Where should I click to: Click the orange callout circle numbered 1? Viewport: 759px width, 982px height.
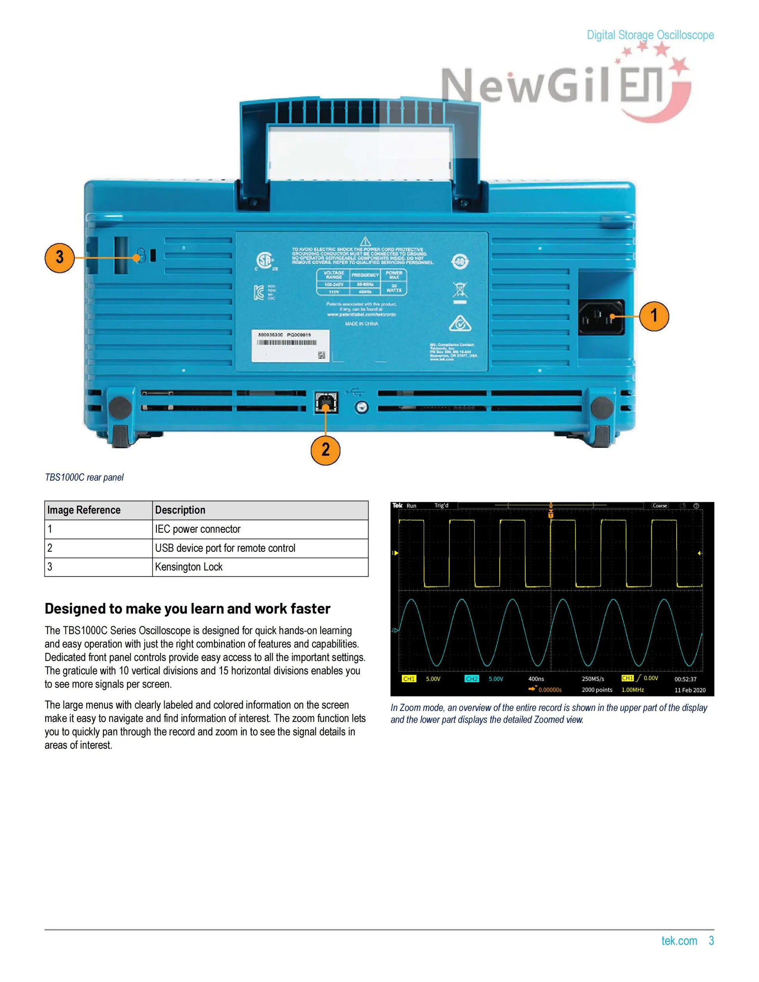[654, 316]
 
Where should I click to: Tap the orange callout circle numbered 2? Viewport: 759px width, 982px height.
[326, 450]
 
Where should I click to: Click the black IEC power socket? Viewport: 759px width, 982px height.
[601, 317]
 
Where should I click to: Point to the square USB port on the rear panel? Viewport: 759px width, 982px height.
[326, 402]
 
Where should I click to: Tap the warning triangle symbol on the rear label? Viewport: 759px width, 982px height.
[365, 241]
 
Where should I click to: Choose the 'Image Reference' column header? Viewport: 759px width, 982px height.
[84, 510]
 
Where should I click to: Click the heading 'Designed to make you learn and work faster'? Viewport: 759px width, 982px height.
[188, 608]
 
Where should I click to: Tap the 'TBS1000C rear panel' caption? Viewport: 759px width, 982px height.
[84, 477]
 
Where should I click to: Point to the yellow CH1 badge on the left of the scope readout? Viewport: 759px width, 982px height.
[409, 679]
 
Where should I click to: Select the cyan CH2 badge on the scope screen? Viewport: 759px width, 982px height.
[472, 679]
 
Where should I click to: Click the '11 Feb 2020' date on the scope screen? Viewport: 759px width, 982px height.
[690, 690]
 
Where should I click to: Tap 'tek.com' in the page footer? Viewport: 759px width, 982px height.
[679, 941]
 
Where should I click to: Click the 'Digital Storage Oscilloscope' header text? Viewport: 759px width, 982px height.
[650, 35]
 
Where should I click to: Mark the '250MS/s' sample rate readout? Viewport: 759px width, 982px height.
[592, 679]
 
